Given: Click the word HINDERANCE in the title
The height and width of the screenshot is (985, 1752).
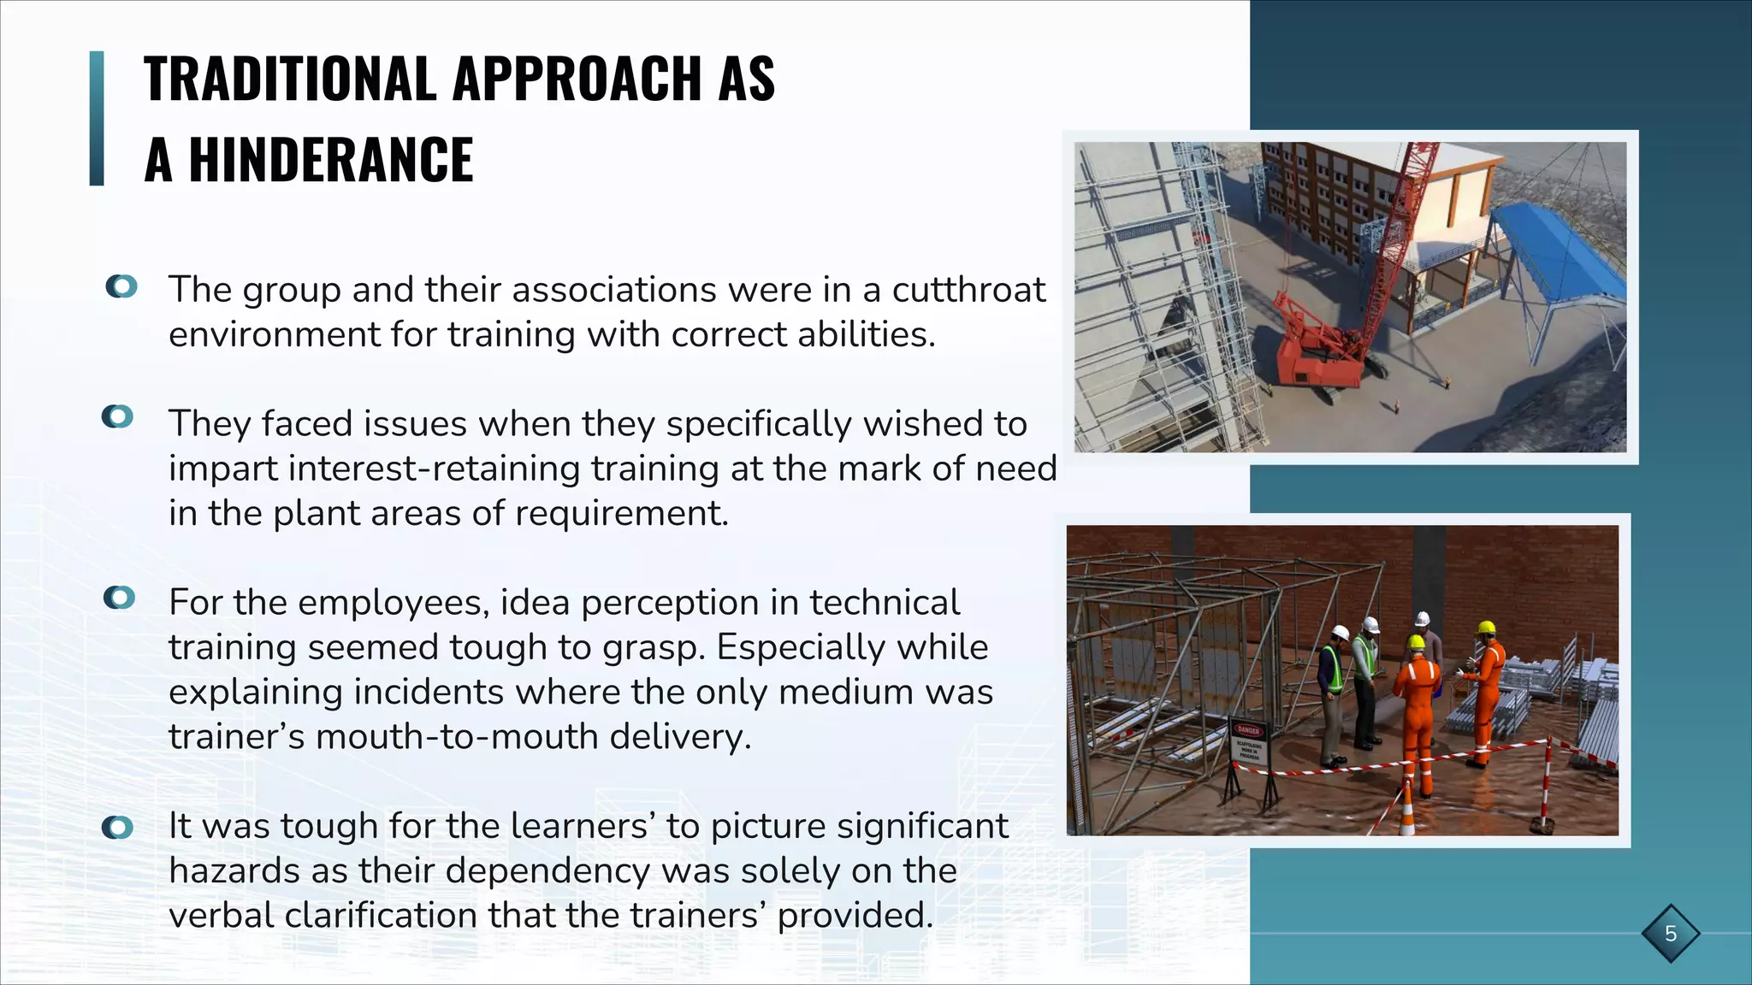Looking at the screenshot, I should (x=330, y=160).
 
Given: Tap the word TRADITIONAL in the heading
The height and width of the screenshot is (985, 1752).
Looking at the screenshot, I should (x=291, y=79).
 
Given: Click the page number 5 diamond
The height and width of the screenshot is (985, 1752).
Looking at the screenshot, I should (x=1670, y=933).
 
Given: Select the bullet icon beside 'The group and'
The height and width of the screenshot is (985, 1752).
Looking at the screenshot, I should (x=121, y=286).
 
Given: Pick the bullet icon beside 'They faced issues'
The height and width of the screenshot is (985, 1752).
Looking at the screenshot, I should (x=118, y=417).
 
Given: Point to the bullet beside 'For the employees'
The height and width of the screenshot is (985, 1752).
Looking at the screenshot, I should (x=120, y=598).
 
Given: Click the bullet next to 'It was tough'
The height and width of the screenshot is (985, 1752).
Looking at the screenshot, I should (x=118, y=827).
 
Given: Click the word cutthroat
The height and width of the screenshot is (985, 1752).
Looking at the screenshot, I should (x=968, y=290).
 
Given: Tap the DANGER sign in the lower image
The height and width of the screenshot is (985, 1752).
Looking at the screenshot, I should (x=1248, y=731).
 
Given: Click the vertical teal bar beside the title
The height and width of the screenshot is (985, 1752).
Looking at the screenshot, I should (x=97, y=118).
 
